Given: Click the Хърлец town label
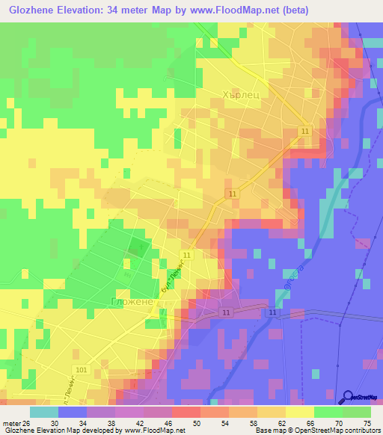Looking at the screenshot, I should (240, 96).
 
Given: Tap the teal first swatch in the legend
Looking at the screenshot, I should (44, 411).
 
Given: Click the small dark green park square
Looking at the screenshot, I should (136, 248).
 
